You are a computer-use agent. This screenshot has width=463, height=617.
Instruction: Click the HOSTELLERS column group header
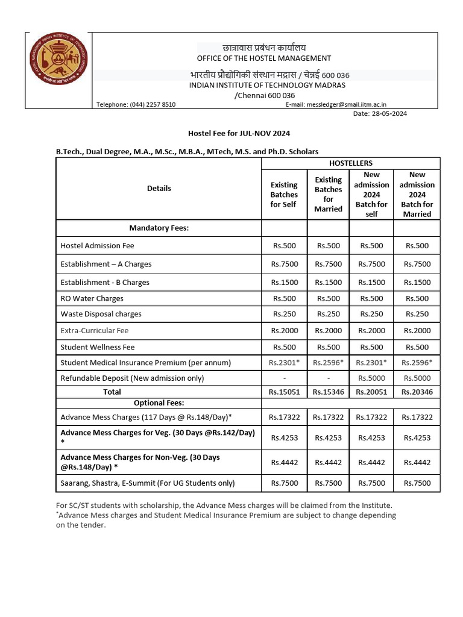(350, 163)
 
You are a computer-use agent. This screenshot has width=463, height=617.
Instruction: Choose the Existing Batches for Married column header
(328, 194)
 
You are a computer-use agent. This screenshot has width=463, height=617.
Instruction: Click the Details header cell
(159, 189)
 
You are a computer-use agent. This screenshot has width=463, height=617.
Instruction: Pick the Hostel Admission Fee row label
(98, 246)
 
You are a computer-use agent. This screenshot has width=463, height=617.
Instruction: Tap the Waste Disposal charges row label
(101, 314)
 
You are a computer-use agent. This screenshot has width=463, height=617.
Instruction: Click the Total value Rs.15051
(284, 392)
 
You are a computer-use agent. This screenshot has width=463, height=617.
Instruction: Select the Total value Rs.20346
(417, 392)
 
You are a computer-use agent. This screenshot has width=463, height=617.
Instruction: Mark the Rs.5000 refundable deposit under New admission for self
(371, 378)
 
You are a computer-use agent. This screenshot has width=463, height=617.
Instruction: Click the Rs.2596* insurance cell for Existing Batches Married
(328, 363)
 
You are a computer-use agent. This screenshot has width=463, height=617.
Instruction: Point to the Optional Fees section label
(159, 402)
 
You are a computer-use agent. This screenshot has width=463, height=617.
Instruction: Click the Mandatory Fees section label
(159, 228)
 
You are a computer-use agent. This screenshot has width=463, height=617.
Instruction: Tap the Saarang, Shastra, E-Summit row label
(148, 483)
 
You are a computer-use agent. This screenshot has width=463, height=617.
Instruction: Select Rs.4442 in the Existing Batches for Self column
(284, 462)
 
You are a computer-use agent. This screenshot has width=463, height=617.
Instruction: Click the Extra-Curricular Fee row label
(95, 331)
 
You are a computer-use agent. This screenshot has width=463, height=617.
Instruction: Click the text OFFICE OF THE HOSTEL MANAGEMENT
(264, 58)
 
